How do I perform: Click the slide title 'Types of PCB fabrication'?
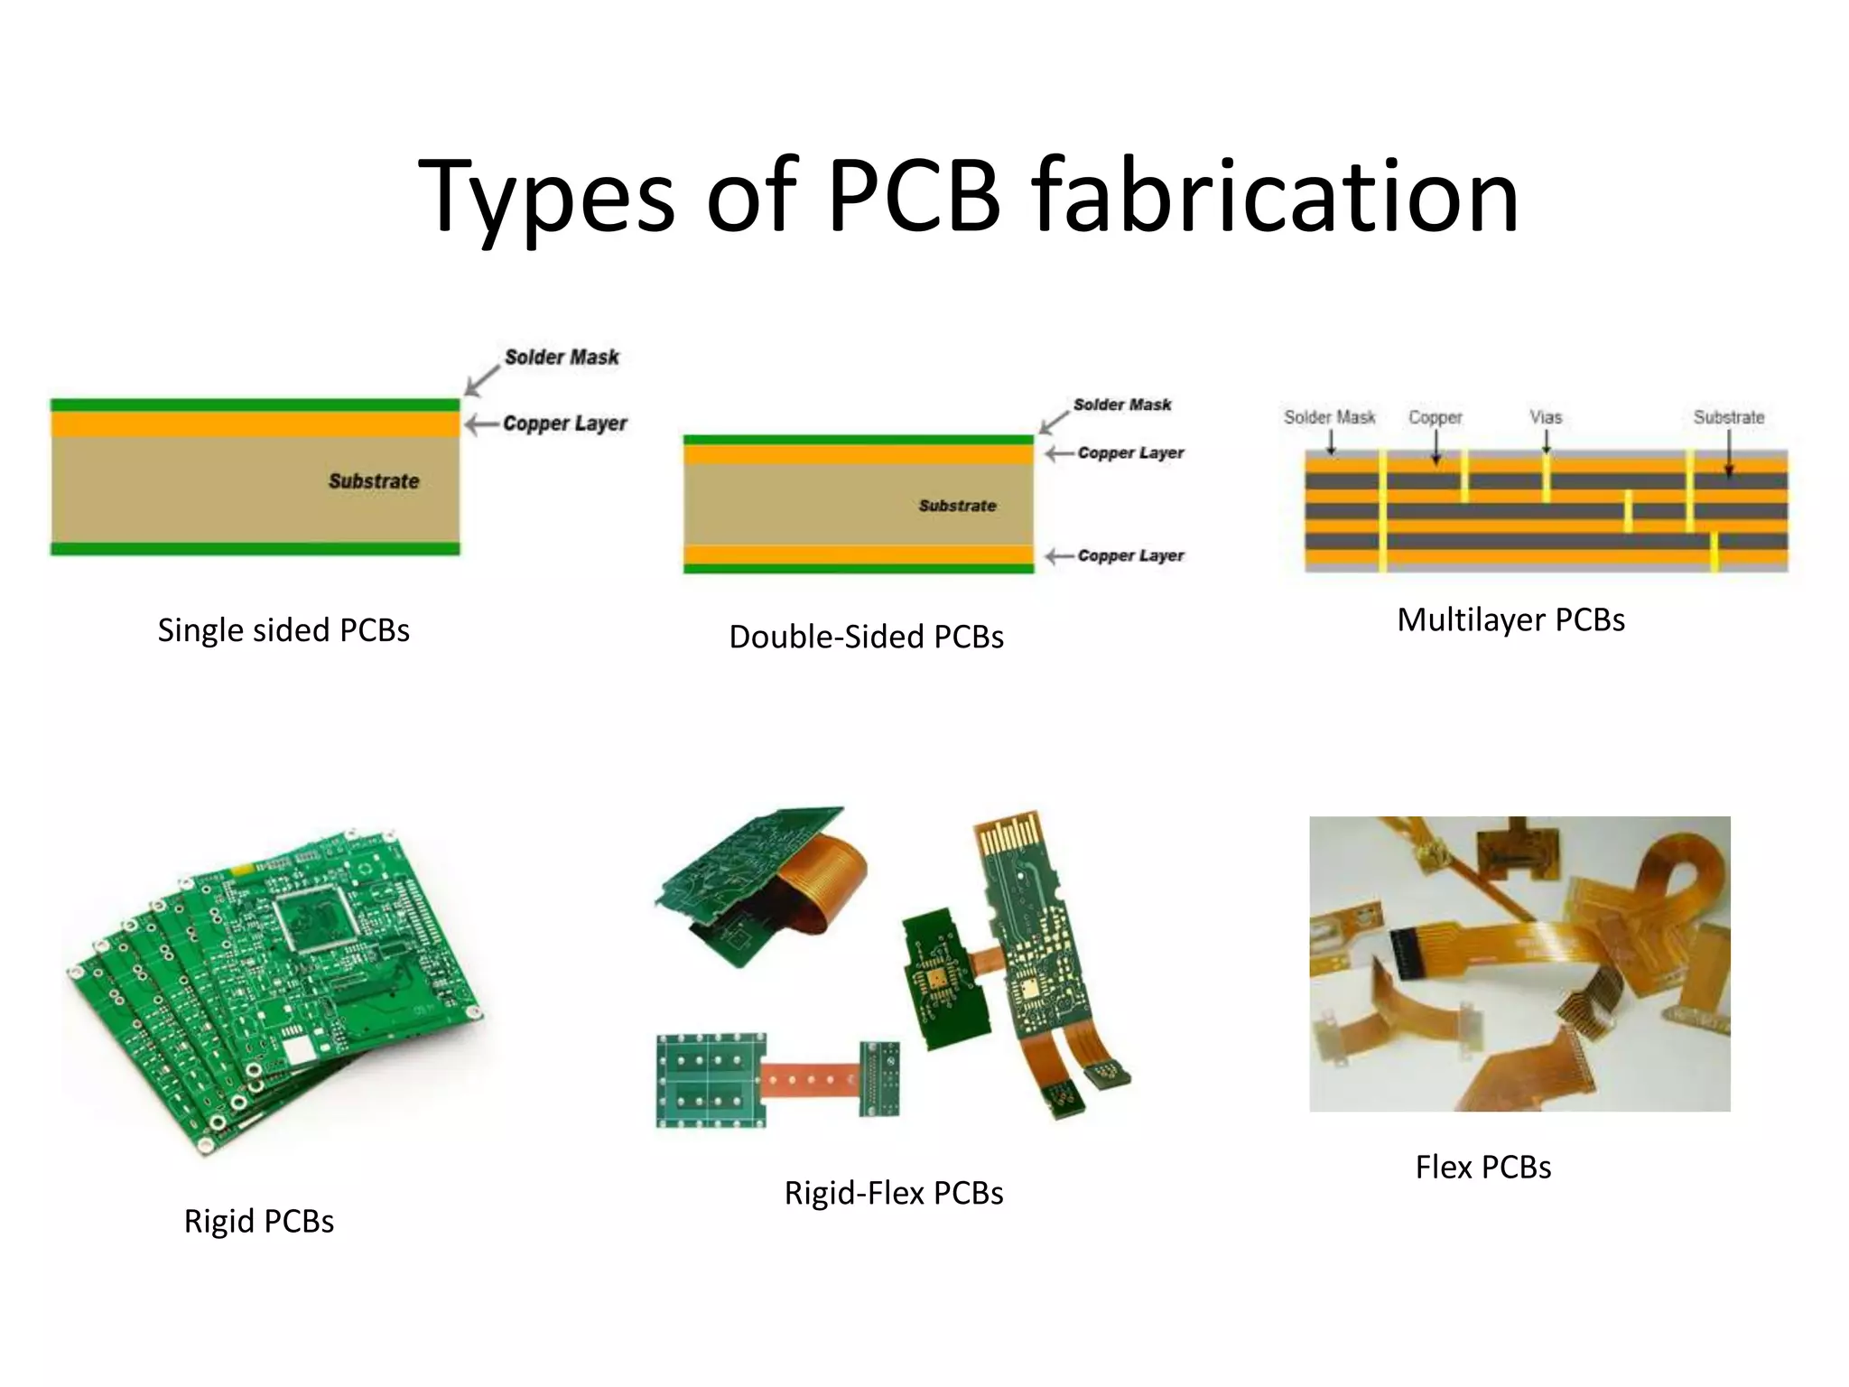(x=968, y=197)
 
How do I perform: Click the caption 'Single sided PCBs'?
(x=283, y=630)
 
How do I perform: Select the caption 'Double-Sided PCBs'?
(x=866, y=638)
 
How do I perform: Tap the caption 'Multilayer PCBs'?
(x=1510, y=620)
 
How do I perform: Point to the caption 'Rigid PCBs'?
(x=259, y=1222)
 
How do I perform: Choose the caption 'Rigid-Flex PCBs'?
(x=894, y=1194)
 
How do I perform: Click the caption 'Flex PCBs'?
(x=1482, y=1168)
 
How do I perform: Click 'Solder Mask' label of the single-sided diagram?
(x=562, y=358)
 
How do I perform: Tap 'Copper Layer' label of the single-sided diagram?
(x=564, y=424)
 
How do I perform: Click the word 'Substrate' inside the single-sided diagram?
(x=374, y=481)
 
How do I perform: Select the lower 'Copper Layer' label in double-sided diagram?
(x=1130, y=556)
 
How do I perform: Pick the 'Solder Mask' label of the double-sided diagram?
(x=1121, y=405)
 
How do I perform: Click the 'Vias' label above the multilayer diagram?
(x=1546, y=418)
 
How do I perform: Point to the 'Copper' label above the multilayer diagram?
(x=1435, y=418)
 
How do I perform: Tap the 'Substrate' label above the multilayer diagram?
(x=1728, y=418)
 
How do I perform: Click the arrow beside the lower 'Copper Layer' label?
(x=1059, y=556)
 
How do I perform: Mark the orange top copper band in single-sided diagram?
(x=255, y=424)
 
